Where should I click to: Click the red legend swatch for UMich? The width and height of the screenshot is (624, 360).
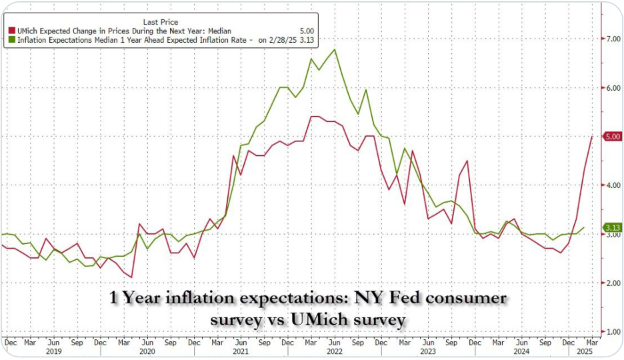(x=11, y=30)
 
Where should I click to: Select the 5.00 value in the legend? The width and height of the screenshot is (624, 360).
(x=307, y=30)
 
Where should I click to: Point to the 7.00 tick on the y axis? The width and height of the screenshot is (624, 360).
(x=613, y=39)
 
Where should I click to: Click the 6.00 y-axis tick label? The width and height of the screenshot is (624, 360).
(x=613, y=87)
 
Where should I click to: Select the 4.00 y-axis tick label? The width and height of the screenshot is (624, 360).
(x=613, y=185)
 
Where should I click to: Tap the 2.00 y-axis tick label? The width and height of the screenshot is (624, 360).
(x=613, y=283)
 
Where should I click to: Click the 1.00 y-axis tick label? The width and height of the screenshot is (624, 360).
(x=613, y=331)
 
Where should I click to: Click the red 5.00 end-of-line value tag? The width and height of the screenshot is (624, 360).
(x=613, y=136)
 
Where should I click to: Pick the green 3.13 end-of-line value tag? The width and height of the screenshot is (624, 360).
(x=613, y=227)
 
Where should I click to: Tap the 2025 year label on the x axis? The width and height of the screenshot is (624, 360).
(x=585, y=351)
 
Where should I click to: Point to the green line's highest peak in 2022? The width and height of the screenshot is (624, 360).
(x=333, y=50)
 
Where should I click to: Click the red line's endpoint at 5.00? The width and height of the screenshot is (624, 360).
(x=593, y=136)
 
